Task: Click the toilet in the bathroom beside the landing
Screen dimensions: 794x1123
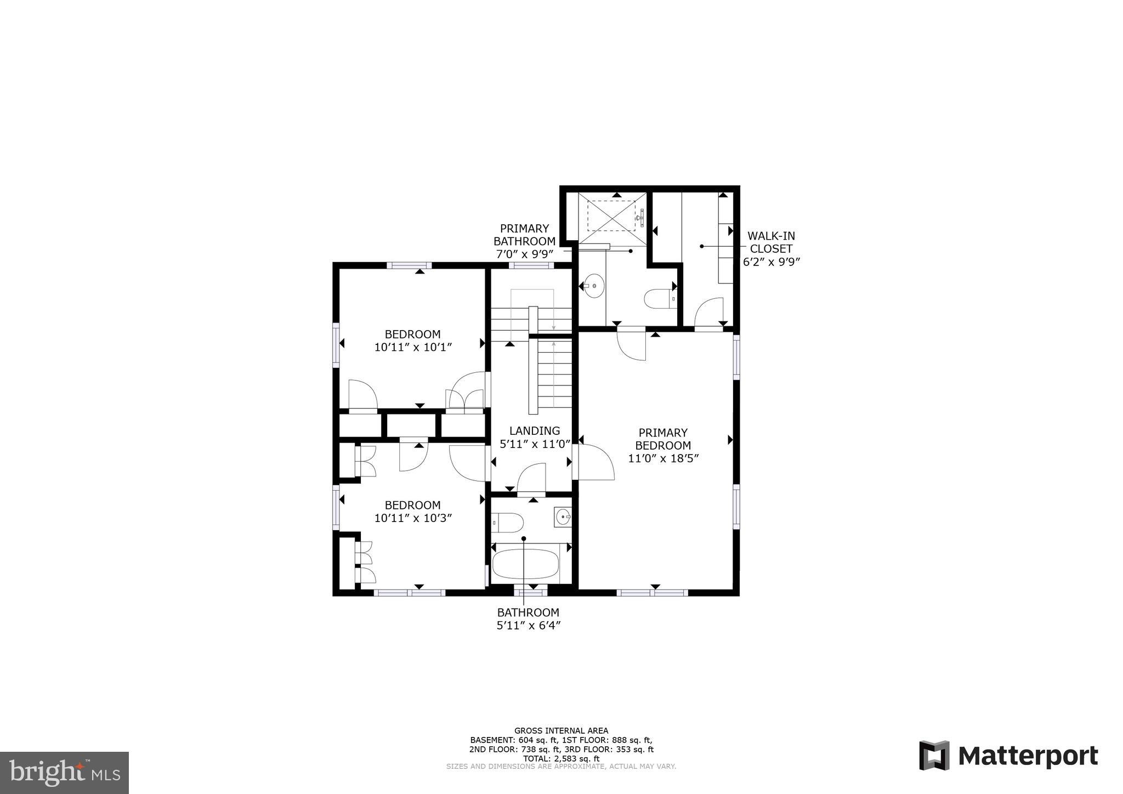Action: click(501, 523)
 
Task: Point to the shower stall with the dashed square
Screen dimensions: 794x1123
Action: click(611, 216)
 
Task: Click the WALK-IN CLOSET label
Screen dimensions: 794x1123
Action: click(771, 242)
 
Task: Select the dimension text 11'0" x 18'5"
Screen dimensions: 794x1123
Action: click(663, 458)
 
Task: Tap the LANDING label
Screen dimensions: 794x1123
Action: click(535, 431)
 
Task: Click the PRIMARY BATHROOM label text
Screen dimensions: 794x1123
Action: click(524, 235)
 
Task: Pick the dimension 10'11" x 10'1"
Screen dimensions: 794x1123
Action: click(412, 347)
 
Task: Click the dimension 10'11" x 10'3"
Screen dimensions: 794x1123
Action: click(412, 518)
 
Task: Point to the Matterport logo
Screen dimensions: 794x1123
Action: click(1008, 756)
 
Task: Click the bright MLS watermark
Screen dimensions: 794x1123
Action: click(64, 773)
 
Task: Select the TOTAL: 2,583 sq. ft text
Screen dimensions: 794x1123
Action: click(561, 758)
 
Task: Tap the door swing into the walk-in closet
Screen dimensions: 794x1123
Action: click(708, 313)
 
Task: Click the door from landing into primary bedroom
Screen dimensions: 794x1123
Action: click(594, 462)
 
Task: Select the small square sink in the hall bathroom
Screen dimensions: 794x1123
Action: click(563, 517)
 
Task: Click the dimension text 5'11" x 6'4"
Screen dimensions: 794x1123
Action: click(528, 625)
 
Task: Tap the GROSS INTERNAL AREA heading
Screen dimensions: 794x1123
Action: click(561, 730)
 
